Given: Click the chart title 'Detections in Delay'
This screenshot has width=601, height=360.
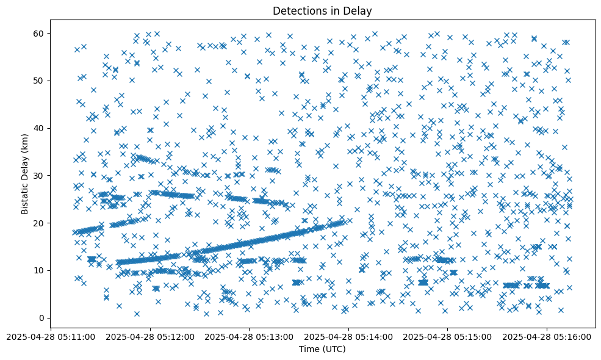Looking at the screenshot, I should click(x=322, y=11).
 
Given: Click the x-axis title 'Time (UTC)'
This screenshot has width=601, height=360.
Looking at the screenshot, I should click(x=322, y=349).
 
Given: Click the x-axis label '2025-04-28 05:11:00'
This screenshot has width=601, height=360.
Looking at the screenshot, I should click(x=51, y=336).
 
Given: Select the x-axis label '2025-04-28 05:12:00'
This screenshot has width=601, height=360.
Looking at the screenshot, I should click(x=150, y=336).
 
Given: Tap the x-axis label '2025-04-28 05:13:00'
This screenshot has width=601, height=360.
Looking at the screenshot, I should click(x=249, y=336).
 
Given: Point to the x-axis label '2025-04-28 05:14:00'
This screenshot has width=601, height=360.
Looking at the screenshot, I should click(x=348, y=336).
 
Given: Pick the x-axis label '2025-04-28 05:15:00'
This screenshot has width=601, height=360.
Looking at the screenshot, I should click(x=447, y=336).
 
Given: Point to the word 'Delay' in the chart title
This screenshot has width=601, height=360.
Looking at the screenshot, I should click(x=359, y=11).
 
